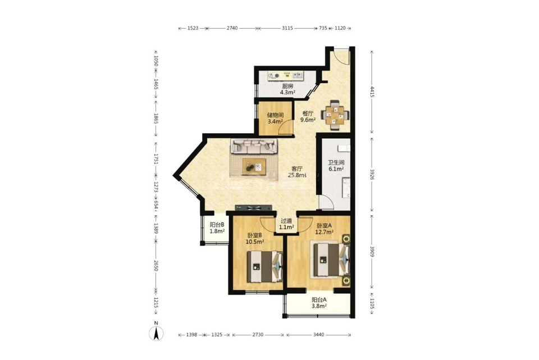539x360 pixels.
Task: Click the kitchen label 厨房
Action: (287, 86)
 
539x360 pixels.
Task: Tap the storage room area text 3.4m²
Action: (275, 121)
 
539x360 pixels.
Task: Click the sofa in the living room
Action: (254, 146)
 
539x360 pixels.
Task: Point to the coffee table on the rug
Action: (254, 167)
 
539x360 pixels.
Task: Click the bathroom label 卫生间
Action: (336, 163)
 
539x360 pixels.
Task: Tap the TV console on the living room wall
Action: (254, 208)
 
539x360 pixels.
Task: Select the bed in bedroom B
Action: (265, 266)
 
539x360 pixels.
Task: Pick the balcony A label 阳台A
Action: (319, 300)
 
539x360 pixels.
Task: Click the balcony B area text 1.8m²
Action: (217, 231)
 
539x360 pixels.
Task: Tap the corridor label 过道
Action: (286, 221)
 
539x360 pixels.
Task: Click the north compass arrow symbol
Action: (156, 332)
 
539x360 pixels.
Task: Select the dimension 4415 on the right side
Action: (372, 92)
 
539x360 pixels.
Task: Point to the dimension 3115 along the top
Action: (287, 28)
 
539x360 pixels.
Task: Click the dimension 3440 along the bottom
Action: (319, 335)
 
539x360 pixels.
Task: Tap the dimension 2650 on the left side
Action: (156, 266)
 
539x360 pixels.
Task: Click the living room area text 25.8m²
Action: (297, 175)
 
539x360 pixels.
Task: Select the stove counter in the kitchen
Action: (286, 76)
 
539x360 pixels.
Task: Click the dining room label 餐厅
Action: (308, 113)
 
